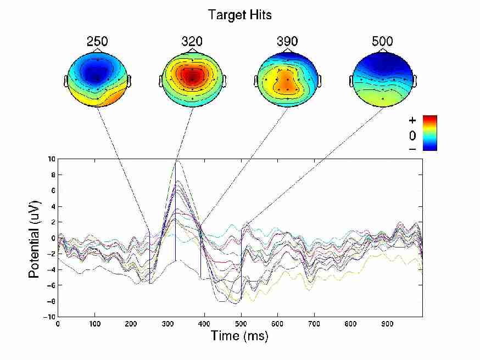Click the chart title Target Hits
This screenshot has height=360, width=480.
point(239,15)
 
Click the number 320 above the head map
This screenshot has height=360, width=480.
point(192,42)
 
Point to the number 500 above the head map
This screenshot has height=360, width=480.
point(382,42)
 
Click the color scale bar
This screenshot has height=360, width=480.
point(430,133)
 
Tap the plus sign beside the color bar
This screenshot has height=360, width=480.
point(412,120)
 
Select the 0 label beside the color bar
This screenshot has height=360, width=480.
point(412,134)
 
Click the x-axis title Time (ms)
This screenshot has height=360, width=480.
point(239,336)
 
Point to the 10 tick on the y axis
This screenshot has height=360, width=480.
point(51,159)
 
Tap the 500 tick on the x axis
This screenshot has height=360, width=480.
point(241,324)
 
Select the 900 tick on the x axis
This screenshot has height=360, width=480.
point(388,324)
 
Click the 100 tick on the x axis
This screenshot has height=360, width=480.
point(94,324)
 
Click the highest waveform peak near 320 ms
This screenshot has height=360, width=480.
point(176,162)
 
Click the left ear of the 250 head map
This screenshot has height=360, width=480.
point(65,81)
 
